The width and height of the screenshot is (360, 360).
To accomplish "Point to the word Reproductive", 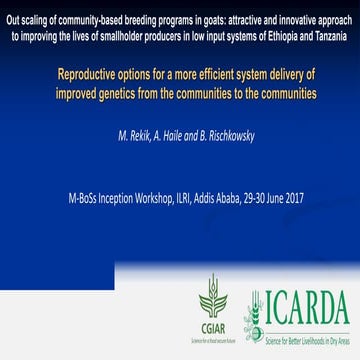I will pyautogui.click(x=93, y=74).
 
